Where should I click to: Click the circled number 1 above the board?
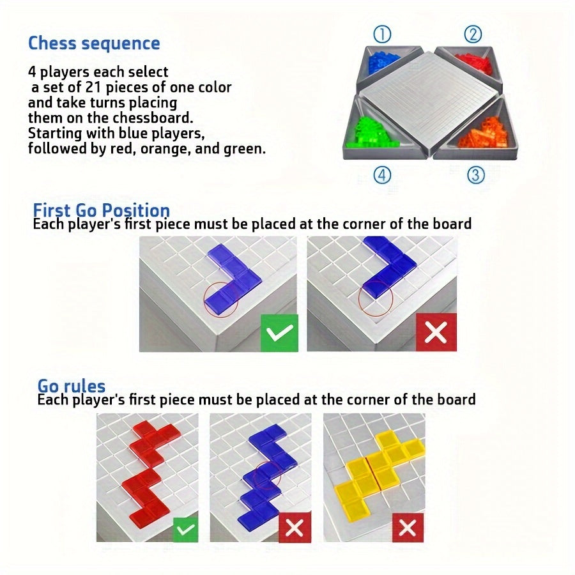382,34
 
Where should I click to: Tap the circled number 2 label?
472,34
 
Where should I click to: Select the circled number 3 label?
475,174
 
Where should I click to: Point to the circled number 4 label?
382,174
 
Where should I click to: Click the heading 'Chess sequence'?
94,43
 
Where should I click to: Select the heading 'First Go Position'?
101,210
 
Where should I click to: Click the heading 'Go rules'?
71,386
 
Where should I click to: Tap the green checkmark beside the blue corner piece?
279,332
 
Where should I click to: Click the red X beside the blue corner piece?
436,332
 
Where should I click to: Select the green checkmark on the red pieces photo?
185,529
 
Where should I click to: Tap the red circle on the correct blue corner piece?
221,298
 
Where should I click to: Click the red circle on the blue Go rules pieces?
268,476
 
